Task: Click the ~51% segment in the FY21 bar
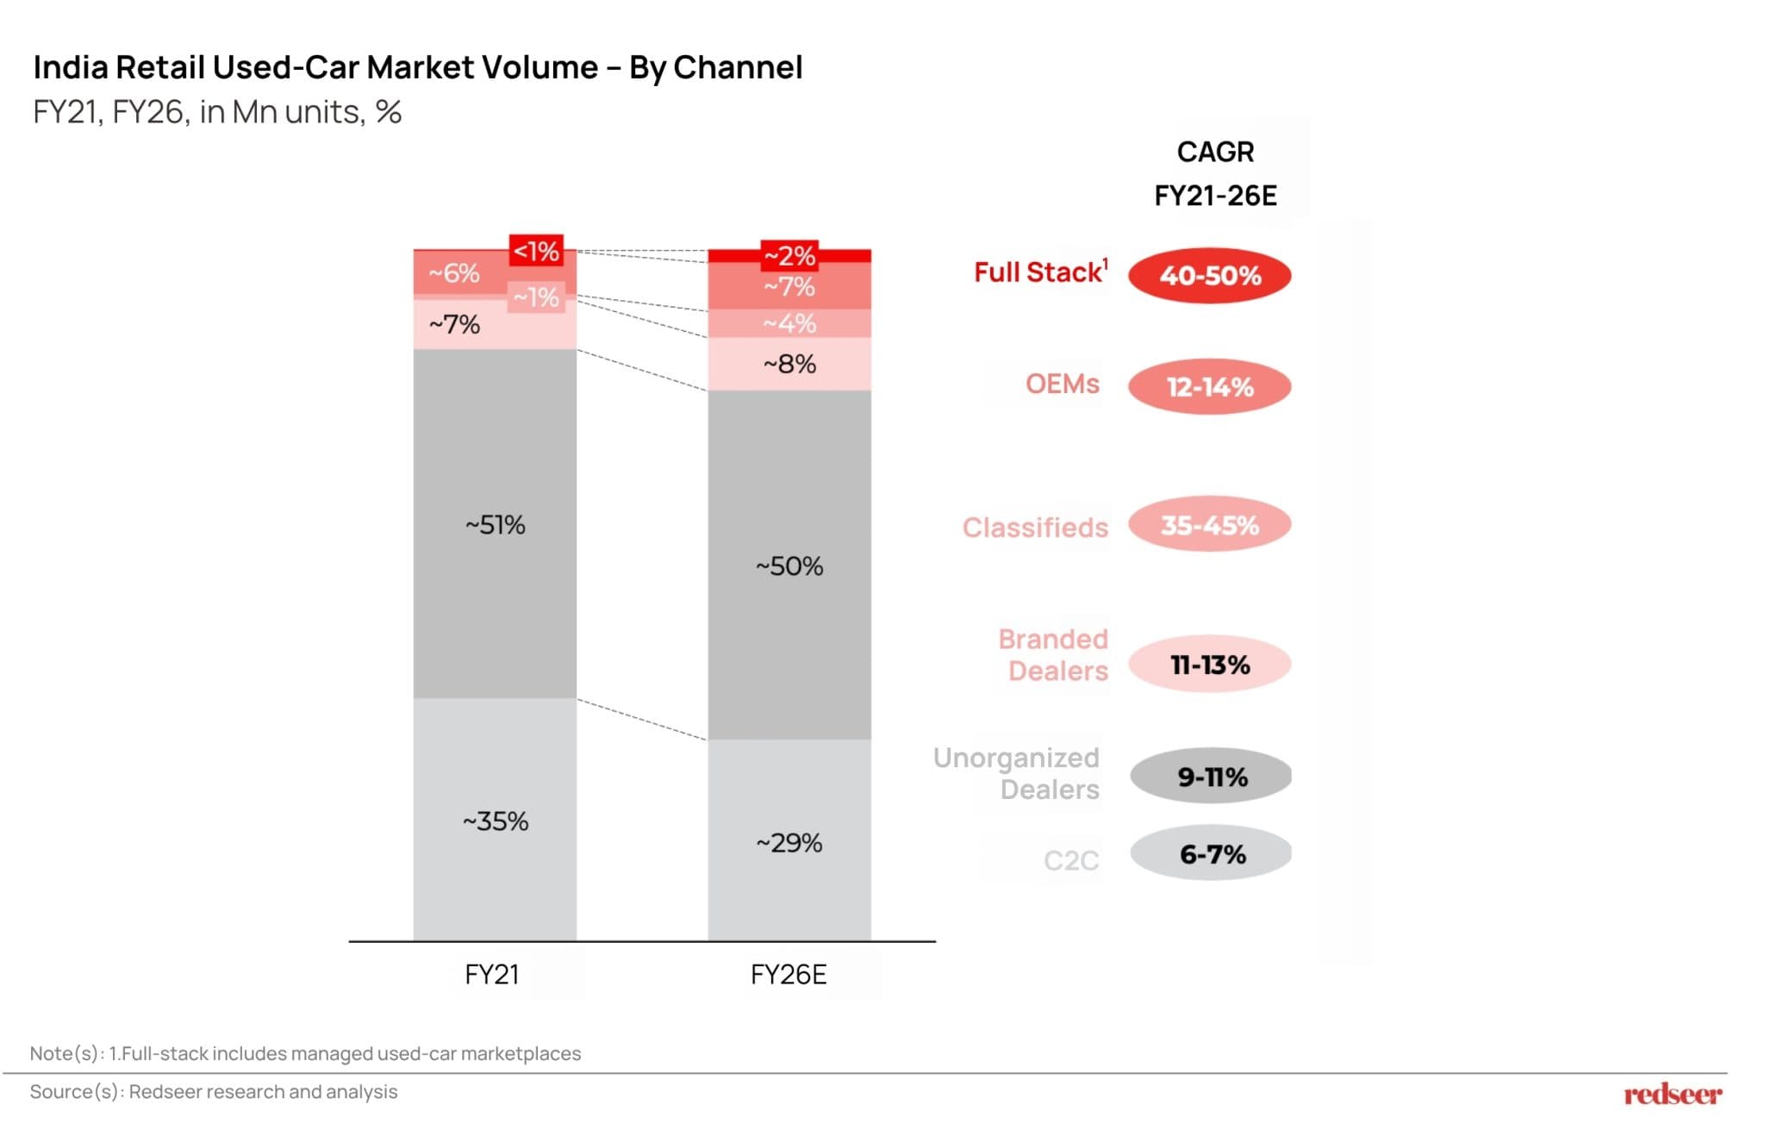(495, 524)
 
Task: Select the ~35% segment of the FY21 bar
(495, 821)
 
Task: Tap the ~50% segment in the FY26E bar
(789, 565)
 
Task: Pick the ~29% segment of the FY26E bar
(789, 842)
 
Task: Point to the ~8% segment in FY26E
(789, 364)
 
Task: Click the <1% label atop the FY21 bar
(536, 251)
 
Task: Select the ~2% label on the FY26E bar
(789, 255)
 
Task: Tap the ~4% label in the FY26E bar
(789, 324)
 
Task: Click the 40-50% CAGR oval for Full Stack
(1209, 276)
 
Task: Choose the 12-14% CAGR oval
(1209, 387)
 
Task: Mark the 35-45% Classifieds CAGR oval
(1209, 525)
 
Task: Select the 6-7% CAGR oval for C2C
(1211, 854)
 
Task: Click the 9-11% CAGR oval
(1211, 777)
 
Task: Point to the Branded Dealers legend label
(1054, 655)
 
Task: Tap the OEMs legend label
(1062, 384)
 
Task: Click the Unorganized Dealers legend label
(1017, 773)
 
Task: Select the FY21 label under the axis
(491, 975)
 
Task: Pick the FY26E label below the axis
(789, 975)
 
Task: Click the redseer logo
(1672, 1095)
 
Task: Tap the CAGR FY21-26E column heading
(1215, 173)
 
